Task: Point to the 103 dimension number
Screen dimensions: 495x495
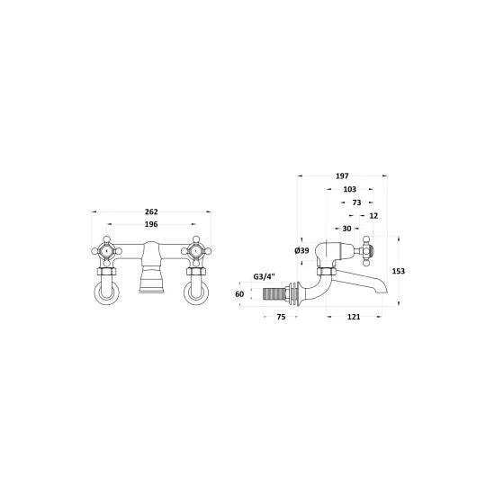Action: [x=350, y=191]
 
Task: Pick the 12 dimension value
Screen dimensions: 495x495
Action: [x=373, y=217]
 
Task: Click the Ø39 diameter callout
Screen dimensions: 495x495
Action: [x=301, y=250]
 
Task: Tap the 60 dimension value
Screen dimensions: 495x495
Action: [x=240, y=293]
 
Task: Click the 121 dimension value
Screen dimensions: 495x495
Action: [x=354, y=318]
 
